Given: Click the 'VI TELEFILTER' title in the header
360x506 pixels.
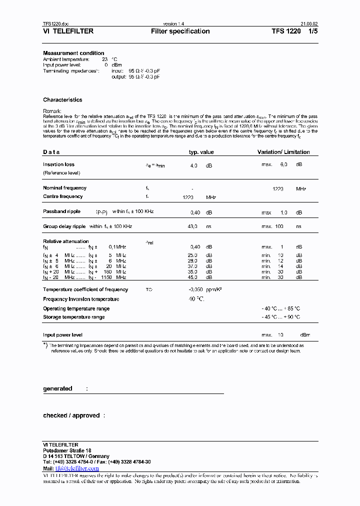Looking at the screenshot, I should click(68, 31).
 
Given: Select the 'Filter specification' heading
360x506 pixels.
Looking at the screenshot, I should click(180, 31).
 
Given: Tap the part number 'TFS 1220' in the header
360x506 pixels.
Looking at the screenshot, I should click(286, 31).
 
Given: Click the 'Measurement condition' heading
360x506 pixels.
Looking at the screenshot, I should click(73, 53).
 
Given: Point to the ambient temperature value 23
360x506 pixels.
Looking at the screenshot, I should click(105, 59).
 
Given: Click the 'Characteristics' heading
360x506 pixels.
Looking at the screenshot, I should click(62, 100).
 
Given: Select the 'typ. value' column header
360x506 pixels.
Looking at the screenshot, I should click(201, 152).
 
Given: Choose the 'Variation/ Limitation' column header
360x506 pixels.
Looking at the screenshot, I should click(283, 152).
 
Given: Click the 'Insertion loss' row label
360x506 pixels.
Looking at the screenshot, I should click(58, 164).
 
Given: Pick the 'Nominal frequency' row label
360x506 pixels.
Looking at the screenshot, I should click(64, 188).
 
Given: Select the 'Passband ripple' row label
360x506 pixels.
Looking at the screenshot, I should click(61, 211).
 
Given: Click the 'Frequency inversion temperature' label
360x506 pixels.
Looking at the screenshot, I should click(81, 299).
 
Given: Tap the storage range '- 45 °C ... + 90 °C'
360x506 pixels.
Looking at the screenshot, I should click(280, 317).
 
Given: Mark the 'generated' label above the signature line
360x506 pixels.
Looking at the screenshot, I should click(57, 388).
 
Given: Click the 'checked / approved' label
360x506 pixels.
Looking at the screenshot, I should click(71, 415).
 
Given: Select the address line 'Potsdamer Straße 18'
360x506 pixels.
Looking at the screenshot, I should click(67, 450).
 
